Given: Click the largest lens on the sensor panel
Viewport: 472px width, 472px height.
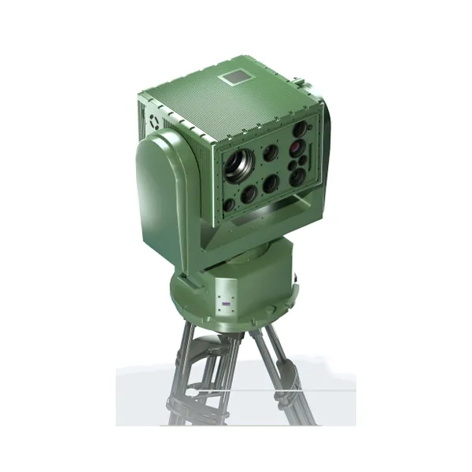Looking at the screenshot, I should tap(238, 164).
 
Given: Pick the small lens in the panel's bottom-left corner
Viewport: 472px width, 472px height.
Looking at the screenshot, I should tap(229, 205).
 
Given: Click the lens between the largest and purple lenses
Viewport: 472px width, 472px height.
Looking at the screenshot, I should tap(270, 153).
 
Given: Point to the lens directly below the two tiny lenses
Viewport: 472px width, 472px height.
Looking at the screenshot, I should tap(297, 178).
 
